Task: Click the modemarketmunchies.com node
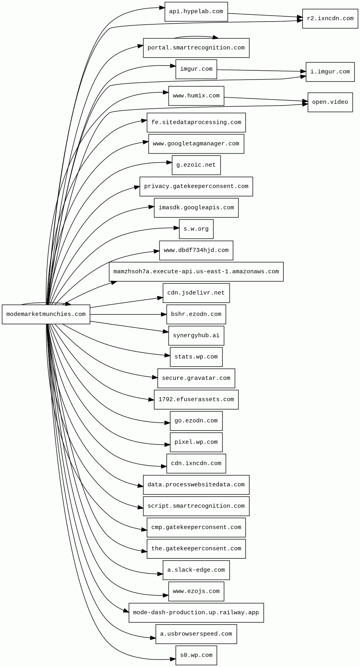[46, 314]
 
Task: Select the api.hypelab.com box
[196, 12]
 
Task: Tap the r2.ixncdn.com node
[330, 18]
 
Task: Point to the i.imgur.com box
[330, 72]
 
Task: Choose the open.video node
[330, 102]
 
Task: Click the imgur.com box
[196, 69]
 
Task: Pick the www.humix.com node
[196, 96]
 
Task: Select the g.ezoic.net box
[196, 165]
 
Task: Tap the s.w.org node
[196, 229]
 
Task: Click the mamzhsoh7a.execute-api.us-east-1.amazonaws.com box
[196, 272]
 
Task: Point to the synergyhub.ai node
[196, 336]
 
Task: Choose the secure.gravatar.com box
[196, 378]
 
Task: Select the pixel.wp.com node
[196, 442]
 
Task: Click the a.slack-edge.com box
[196, 570]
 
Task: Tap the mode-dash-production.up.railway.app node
[196, 613]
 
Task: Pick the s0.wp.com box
[196, 655]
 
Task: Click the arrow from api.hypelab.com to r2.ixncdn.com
[264, 15]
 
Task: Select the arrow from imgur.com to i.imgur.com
[260, 71]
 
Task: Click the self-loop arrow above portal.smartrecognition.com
[196, 36]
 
